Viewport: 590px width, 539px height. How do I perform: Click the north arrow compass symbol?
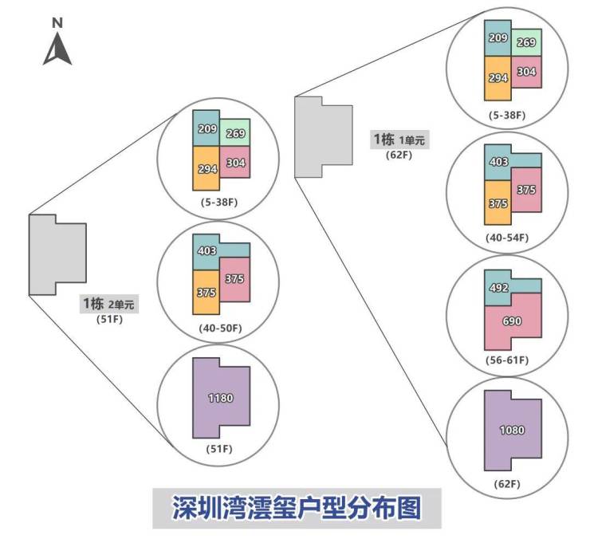pos(57,45)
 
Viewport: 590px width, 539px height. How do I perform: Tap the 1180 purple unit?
pos(221,398)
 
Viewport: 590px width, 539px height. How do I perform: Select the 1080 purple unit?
pos(512,431)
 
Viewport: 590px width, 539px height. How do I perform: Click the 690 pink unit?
pos(513,321)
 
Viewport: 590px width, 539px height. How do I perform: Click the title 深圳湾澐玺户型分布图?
pos(297,508)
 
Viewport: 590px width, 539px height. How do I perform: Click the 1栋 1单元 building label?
pos(399,140)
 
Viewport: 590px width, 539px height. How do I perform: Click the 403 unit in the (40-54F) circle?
pos(498,162)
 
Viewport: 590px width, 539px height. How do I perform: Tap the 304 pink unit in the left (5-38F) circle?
pos(235,163)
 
